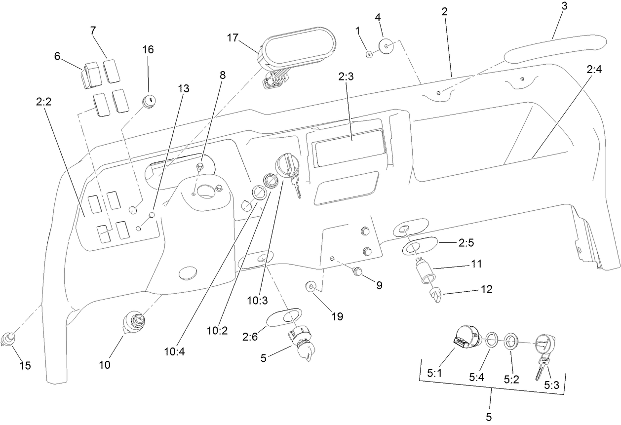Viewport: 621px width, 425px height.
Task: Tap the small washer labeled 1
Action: pos(369,53)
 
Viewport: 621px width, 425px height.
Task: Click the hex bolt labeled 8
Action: pos(200,167)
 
